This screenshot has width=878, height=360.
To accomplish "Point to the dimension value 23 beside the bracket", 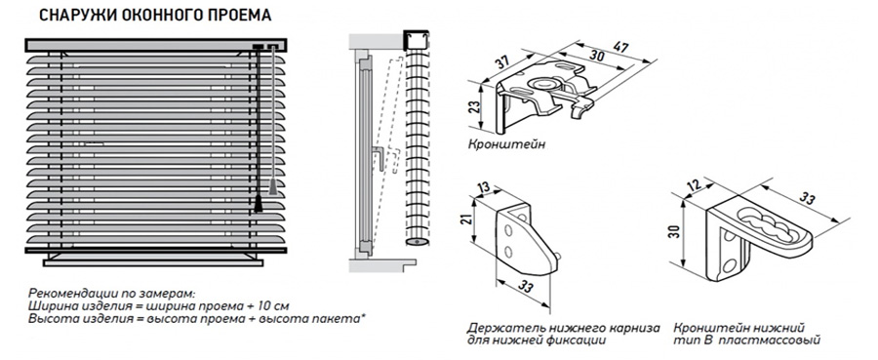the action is tap(474, 108).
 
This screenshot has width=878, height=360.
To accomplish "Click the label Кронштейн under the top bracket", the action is tap(506, 144).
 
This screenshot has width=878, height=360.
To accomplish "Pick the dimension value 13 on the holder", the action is tap(484, 187).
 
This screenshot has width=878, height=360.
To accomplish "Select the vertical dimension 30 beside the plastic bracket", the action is tap(676, 231).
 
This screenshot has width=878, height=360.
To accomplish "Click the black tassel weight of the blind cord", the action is tap(259, 204).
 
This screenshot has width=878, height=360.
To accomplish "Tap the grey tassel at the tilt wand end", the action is tap(273, 187).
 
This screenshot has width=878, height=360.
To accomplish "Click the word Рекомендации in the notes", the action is tap(65, 294).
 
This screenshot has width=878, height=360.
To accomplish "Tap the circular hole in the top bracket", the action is tap(543, 84).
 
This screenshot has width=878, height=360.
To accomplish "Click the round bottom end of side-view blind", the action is tap(416, 242).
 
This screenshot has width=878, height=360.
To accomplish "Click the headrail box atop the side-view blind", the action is tap(416, 40).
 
